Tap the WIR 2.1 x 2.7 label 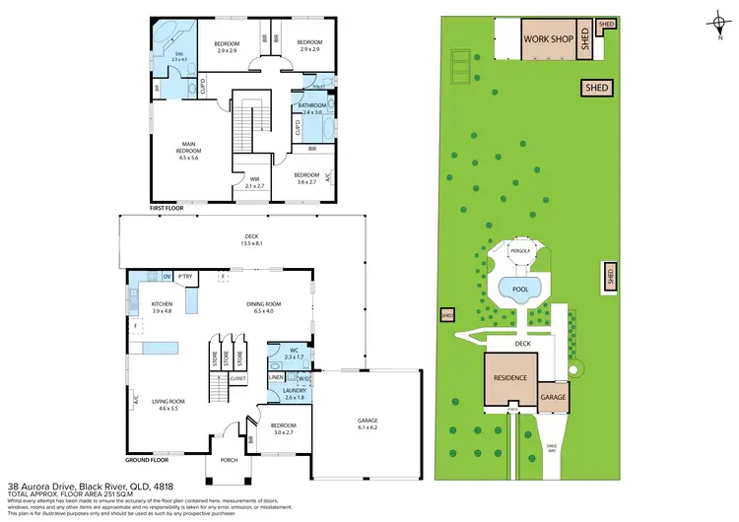[x=254, y=182]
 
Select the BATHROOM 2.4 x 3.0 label [x=312, y=108]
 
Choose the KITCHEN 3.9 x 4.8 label [x=161, y=308]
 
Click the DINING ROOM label [x=264, y=308]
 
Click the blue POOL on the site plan [x=520, y=290]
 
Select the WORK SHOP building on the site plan [x=548, y=39]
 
